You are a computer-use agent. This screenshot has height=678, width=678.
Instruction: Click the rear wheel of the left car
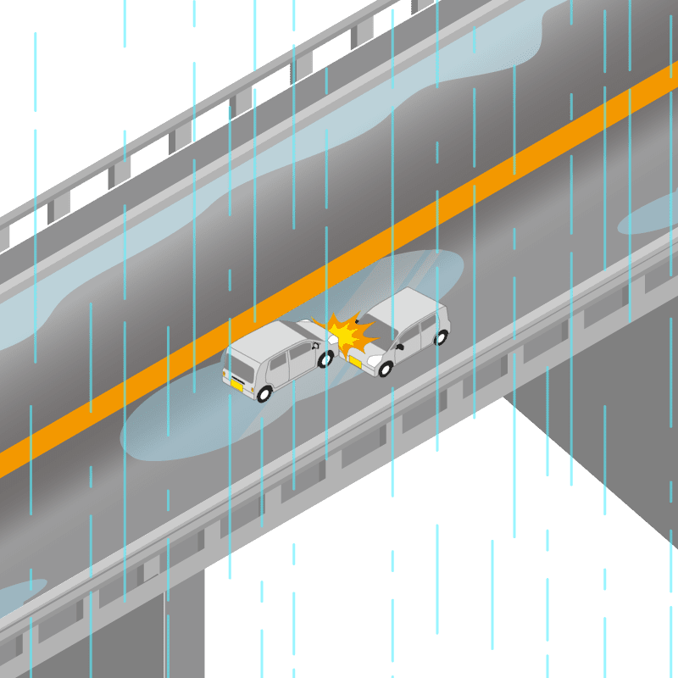(264, 393)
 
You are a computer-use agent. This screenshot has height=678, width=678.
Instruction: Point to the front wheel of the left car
(324, 359)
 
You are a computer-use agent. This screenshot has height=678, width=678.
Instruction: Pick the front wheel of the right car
(386, 369)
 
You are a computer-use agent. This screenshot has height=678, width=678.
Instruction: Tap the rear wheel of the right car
(440, 337)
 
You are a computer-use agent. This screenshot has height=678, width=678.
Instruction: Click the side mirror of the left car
(316, 347)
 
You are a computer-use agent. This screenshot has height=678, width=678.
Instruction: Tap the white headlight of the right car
(373, 360)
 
